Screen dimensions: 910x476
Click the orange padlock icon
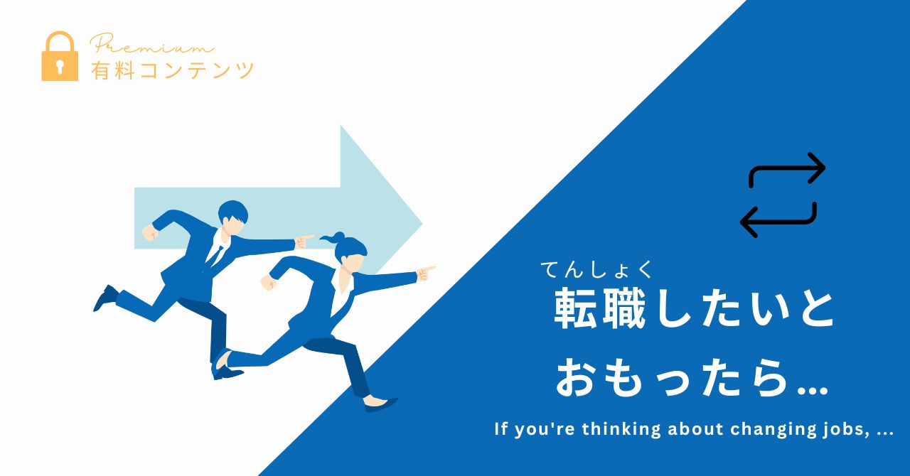(x=60, y=56)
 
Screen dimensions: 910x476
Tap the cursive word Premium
(x=151, y=44)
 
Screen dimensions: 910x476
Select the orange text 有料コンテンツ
(x=172, y=70)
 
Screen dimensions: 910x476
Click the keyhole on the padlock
(x=60, y=67)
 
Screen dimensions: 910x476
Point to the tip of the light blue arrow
(x=422, y=223)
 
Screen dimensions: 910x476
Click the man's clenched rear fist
(x=149, y=233)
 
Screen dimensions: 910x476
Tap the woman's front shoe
(x=381, y=404)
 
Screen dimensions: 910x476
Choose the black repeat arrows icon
(x=783, y=195)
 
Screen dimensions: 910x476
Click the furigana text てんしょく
(x=596, y=271)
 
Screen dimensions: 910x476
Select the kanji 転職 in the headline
(x=599, y=308)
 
